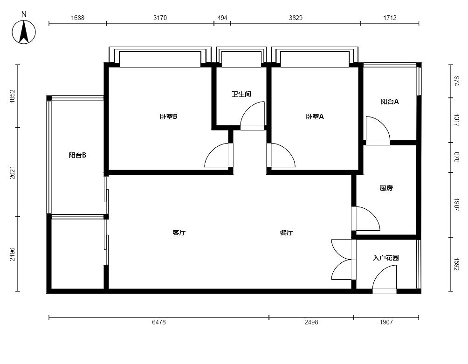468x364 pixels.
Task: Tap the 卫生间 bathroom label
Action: [241, 94]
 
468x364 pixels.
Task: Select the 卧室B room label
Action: [169, 117]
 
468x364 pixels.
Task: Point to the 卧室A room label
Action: [315, 117]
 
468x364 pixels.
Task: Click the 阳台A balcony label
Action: [390, 102]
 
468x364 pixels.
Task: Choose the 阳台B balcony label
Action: [77, 155]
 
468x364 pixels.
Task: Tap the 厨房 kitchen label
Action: [386, 188]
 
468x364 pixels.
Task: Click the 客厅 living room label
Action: [179, 233]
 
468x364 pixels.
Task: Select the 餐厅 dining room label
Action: [287, 233]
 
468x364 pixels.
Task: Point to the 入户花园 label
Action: [386, 258]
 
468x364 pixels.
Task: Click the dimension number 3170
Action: [160, 18]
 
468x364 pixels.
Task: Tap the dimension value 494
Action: [222, 18]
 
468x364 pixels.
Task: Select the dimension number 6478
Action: [159, 322]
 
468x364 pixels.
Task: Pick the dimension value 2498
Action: [311, 322]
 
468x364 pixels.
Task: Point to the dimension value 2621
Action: [12, 172]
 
